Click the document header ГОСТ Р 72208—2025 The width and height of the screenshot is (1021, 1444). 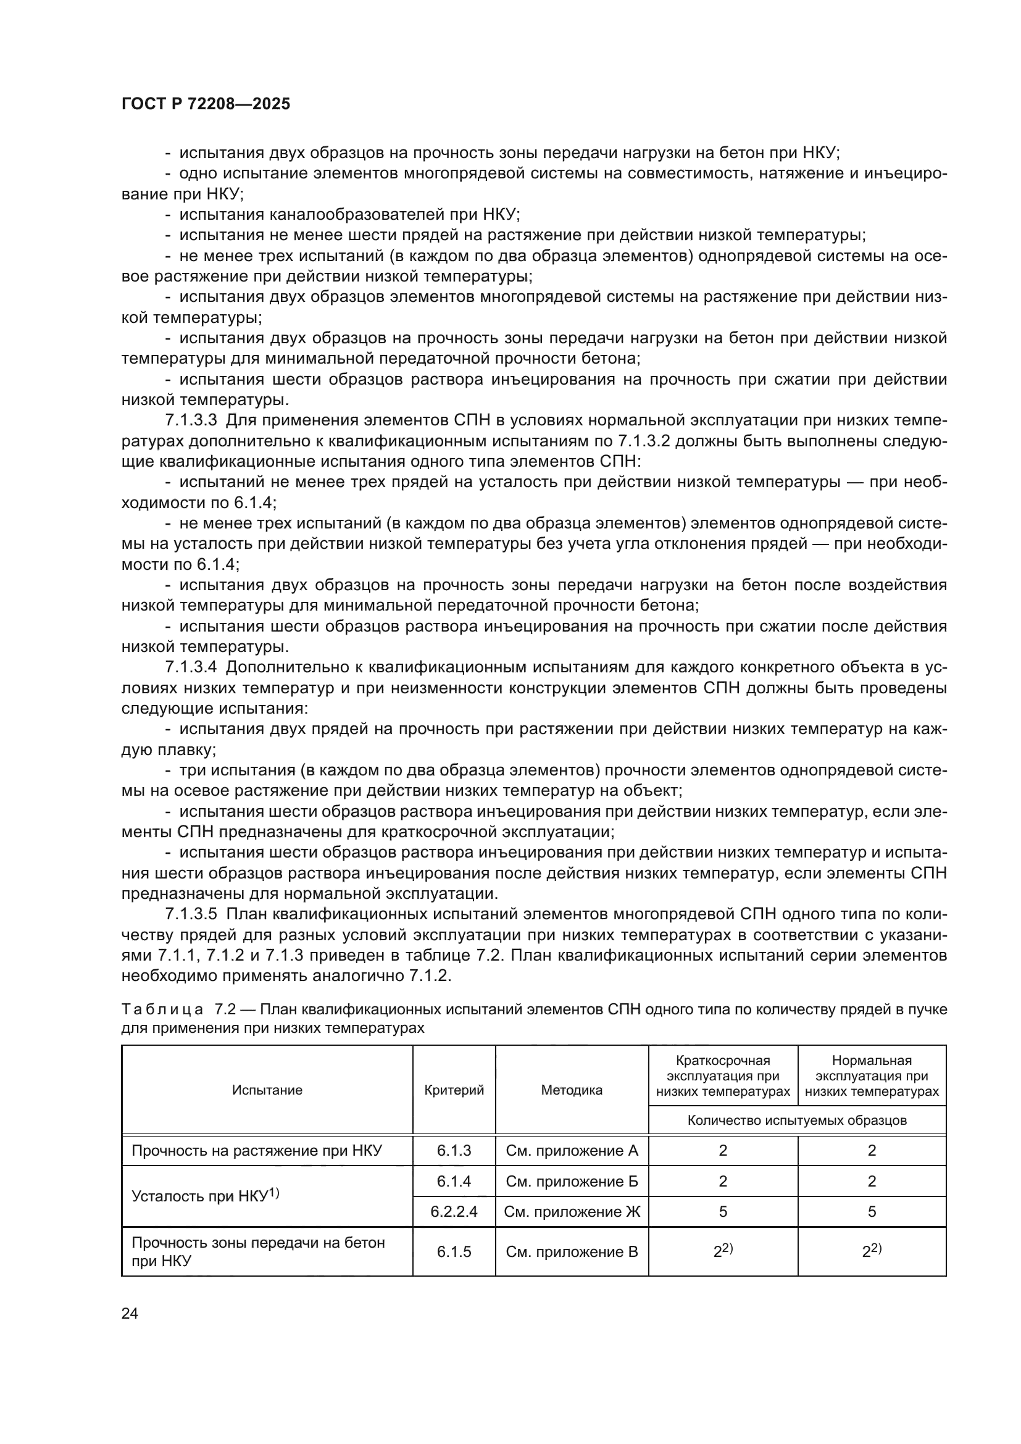point(206,104)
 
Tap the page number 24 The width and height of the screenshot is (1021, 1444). point(130,1313)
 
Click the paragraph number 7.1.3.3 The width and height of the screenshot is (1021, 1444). point(191,421)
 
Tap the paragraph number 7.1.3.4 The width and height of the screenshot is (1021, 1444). point(191,667)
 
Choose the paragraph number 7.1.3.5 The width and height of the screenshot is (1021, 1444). point(191,914)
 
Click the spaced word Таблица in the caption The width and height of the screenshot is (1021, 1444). point(162,1010)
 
